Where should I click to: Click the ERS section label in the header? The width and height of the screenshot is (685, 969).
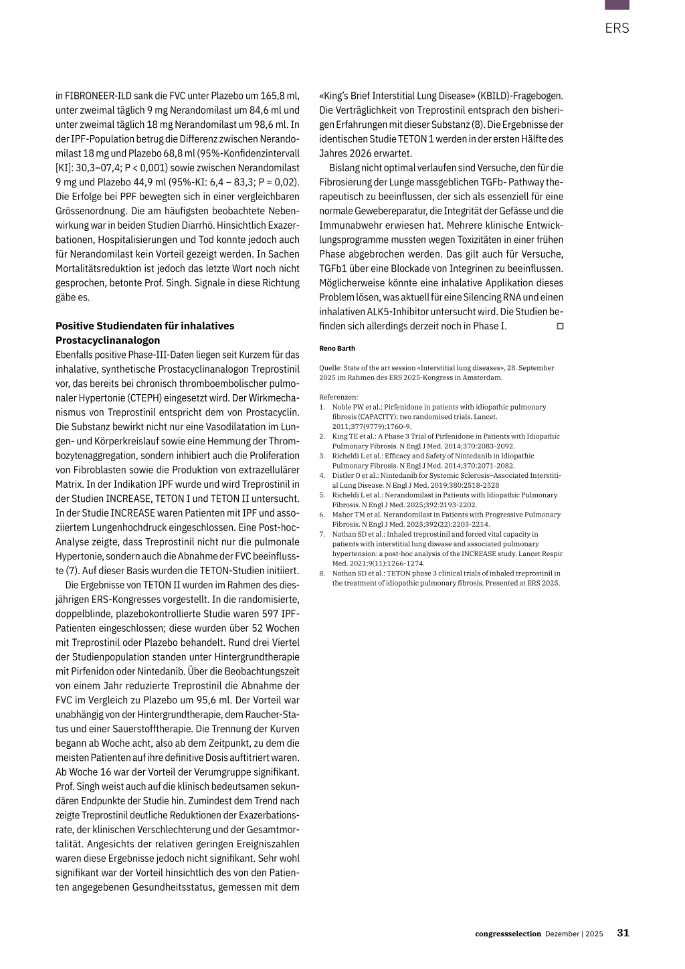coord(617,28)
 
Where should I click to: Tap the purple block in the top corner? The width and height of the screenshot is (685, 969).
coord(617,5)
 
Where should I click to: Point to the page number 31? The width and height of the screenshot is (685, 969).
coord(623,933)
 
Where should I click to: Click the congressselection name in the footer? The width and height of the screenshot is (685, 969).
coord(508,934)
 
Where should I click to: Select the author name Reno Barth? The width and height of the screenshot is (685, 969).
coord(337,348)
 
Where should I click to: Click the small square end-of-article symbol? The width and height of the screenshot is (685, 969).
coord(559,326)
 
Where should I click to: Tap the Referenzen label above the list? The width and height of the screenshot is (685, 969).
coord(338,397)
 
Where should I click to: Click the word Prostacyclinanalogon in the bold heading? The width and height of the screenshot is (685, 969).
coord(108,340)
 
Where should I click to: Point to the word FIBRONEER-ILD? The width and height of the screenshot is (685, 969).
coord(98,96)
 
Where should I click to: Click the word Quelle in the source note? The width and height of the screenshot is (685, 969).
coord(330,367)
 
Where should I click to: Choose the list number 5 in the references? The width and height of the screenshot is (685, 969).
coord(322,495)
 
